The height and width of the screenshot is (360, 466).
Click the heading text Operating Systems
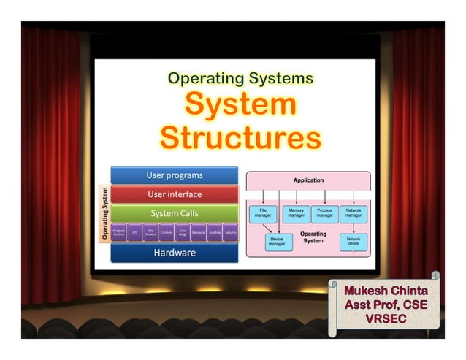click(x=240, y=77)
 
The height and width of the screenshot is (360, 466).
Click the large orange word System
click(x=240, y=104)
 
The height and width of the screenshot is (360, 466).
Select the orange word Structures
click(x=240, y=137)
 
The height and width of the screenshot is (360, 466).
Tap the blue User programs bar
click(x=174, y=175)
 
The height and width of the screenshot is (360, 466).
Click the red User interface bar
click(x=174, y=194)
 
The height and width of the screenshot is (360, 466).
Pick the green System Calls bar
click(x=174, y=213)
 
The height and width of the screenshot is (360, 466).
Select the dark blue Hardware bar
click(x=174, y=253)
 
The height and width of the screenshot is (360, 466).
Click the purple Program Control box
click(x=118, y=232)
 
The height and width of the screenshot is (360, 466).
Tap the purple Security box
click(x=231, y=232)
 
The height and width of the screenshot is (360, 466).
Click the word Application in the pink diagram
click(x=308, y=180)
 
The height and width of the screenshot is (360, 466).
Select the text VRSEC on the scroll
click(x=386, y=319)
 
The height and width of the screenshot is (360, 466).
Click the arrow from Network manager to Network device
click(x=354, y=227)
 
